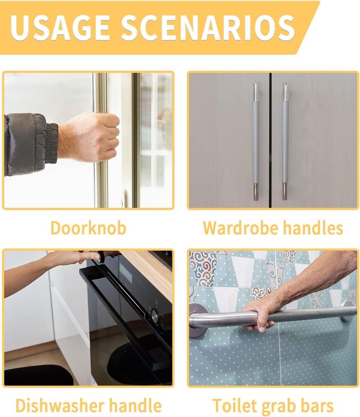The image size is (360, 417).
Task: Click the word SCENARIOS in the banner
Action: coord(208,28)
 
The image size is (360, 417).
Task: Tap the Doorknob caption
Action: coord(88,228)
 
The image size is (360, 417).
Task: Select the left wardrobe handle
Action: coord(256,141)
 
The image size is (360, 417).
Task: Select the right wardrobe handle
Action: coord(285,141)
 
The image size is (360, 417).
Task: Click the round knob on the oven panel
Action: coord(155,316)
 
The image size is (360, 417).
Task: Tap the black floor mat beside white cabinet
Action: coord(39,375)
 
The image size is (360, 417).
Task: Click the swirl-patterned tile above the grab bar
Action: coord(203,269)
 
